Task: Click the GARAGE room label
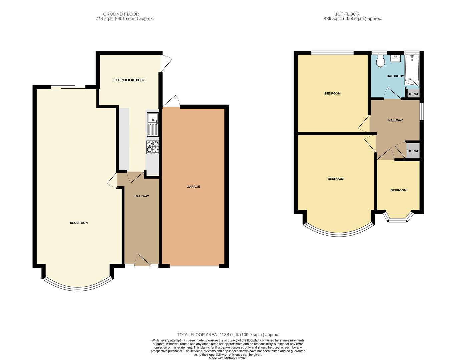click(193, 187)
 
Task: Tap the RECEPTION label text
click(79, 223)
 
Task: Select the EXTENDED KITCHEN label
click(129, 80)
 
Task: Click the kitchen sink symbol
click(153, 124)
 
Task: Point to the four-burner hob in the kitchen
click(153, 147)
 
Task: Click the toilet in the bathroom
click(380, 61)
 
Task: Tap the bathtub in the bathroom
click(412, 71)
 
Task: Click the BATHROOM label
click(395, 76)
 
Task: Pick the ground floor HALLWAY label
click(142, 196)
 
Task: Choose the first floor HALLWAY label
click(395, 120)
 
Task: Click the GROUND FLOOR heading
click(121, 14)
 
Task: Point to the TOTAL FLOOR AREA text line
click(228, 335)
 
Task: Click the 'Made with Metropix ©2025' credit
click(228, 358)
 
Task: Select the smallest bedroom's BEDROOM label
click(398, 190)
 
